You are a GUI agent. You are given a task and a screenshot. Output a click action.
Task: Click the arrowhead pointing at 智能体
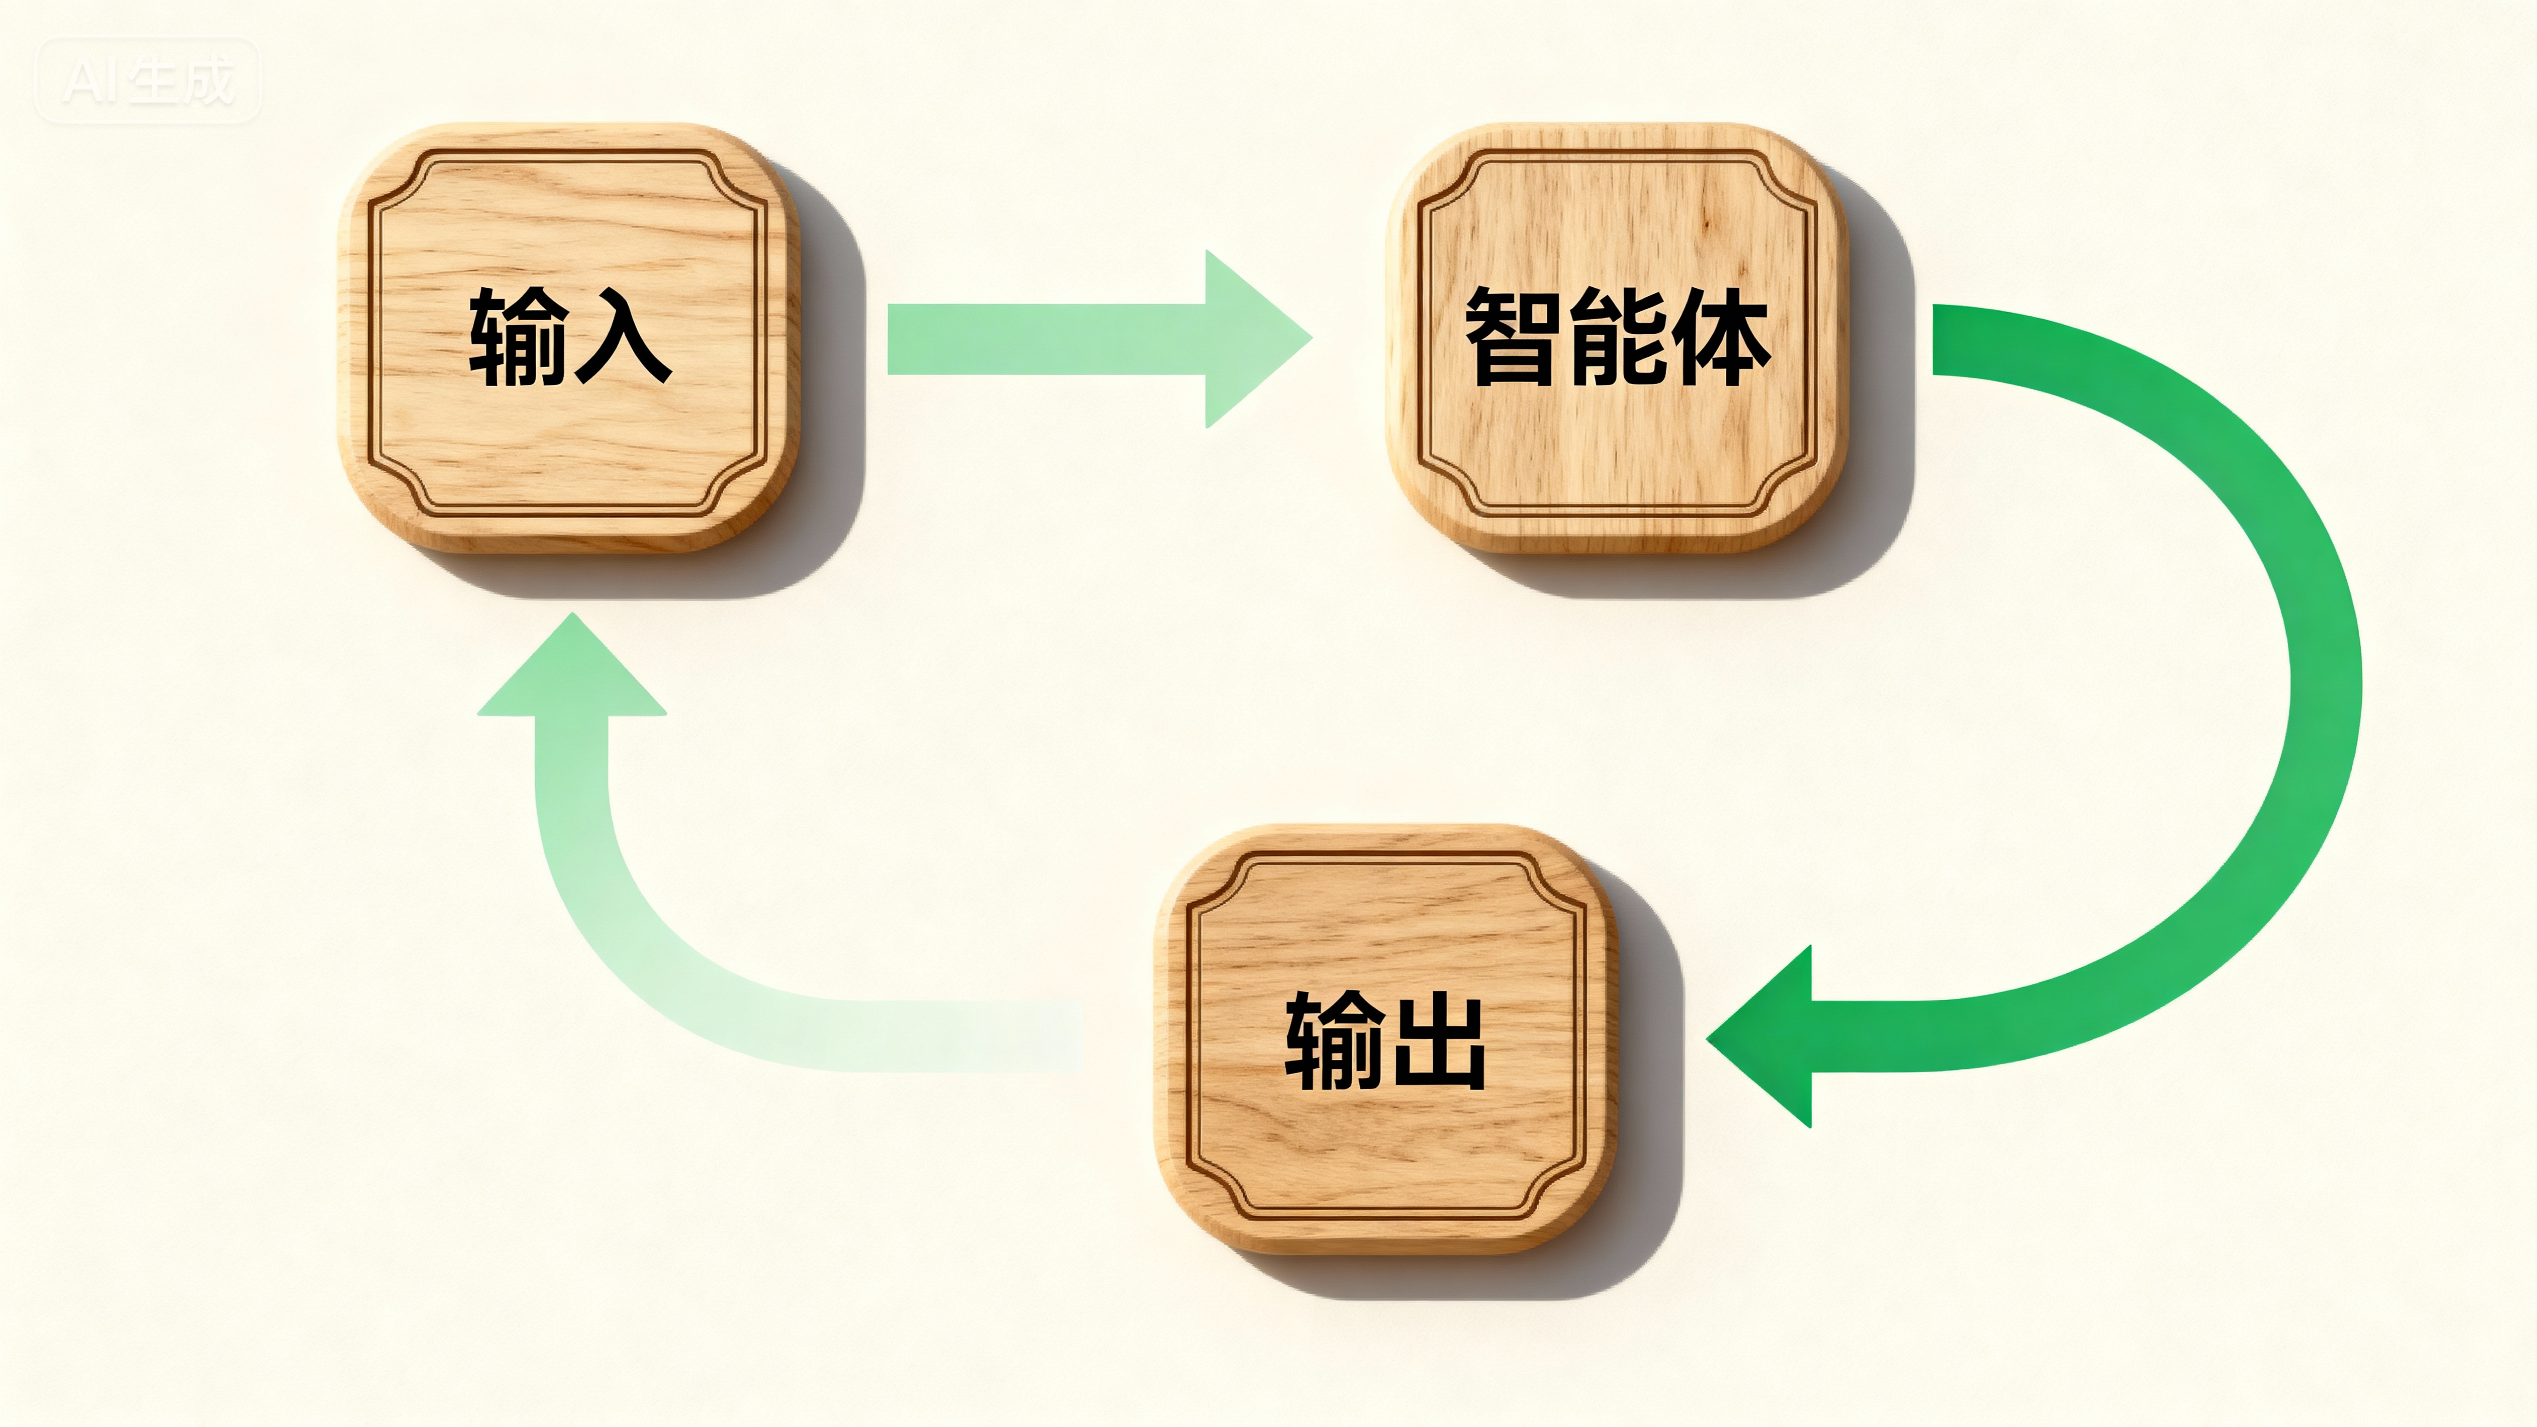(x=1251, y=339)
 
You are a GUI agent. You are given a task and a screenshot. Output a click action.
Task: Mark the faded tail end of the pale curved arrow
(x=1054, y=1036)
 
